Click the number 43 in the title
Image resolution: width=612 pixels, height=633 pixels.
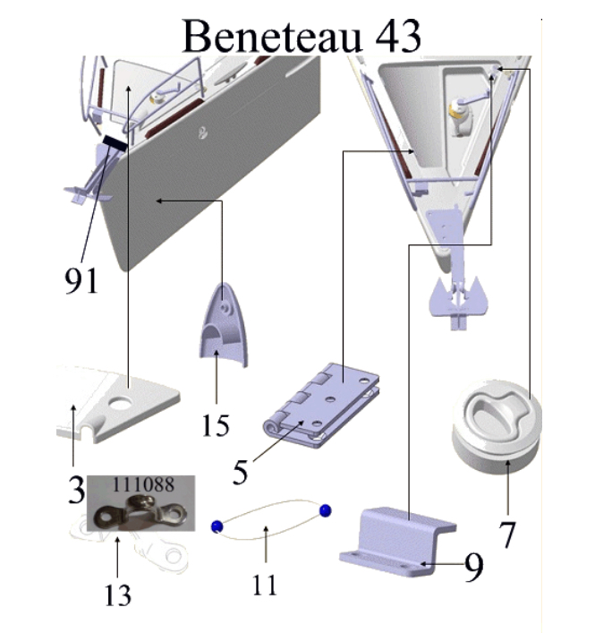point(388,37)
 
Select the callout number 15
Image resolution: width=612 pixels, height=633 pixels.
point(216,424)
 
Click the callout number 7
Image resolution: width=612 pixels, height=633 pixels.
point(507,534)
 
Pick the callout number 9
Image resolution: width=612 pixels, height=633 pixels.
point(473,566)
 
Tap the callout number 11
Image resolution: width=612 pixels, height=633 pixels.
point(265,585)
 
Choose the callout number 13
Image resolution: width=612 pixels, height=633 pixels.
point(118,593)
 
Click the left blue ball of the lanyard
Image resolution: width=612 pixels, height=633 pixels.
point(216,526)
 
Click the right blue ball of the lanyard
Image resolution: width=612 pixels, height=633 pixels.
point(324,510)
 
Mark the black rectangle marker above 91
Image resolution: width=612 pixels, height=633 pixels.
point(114,142)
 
